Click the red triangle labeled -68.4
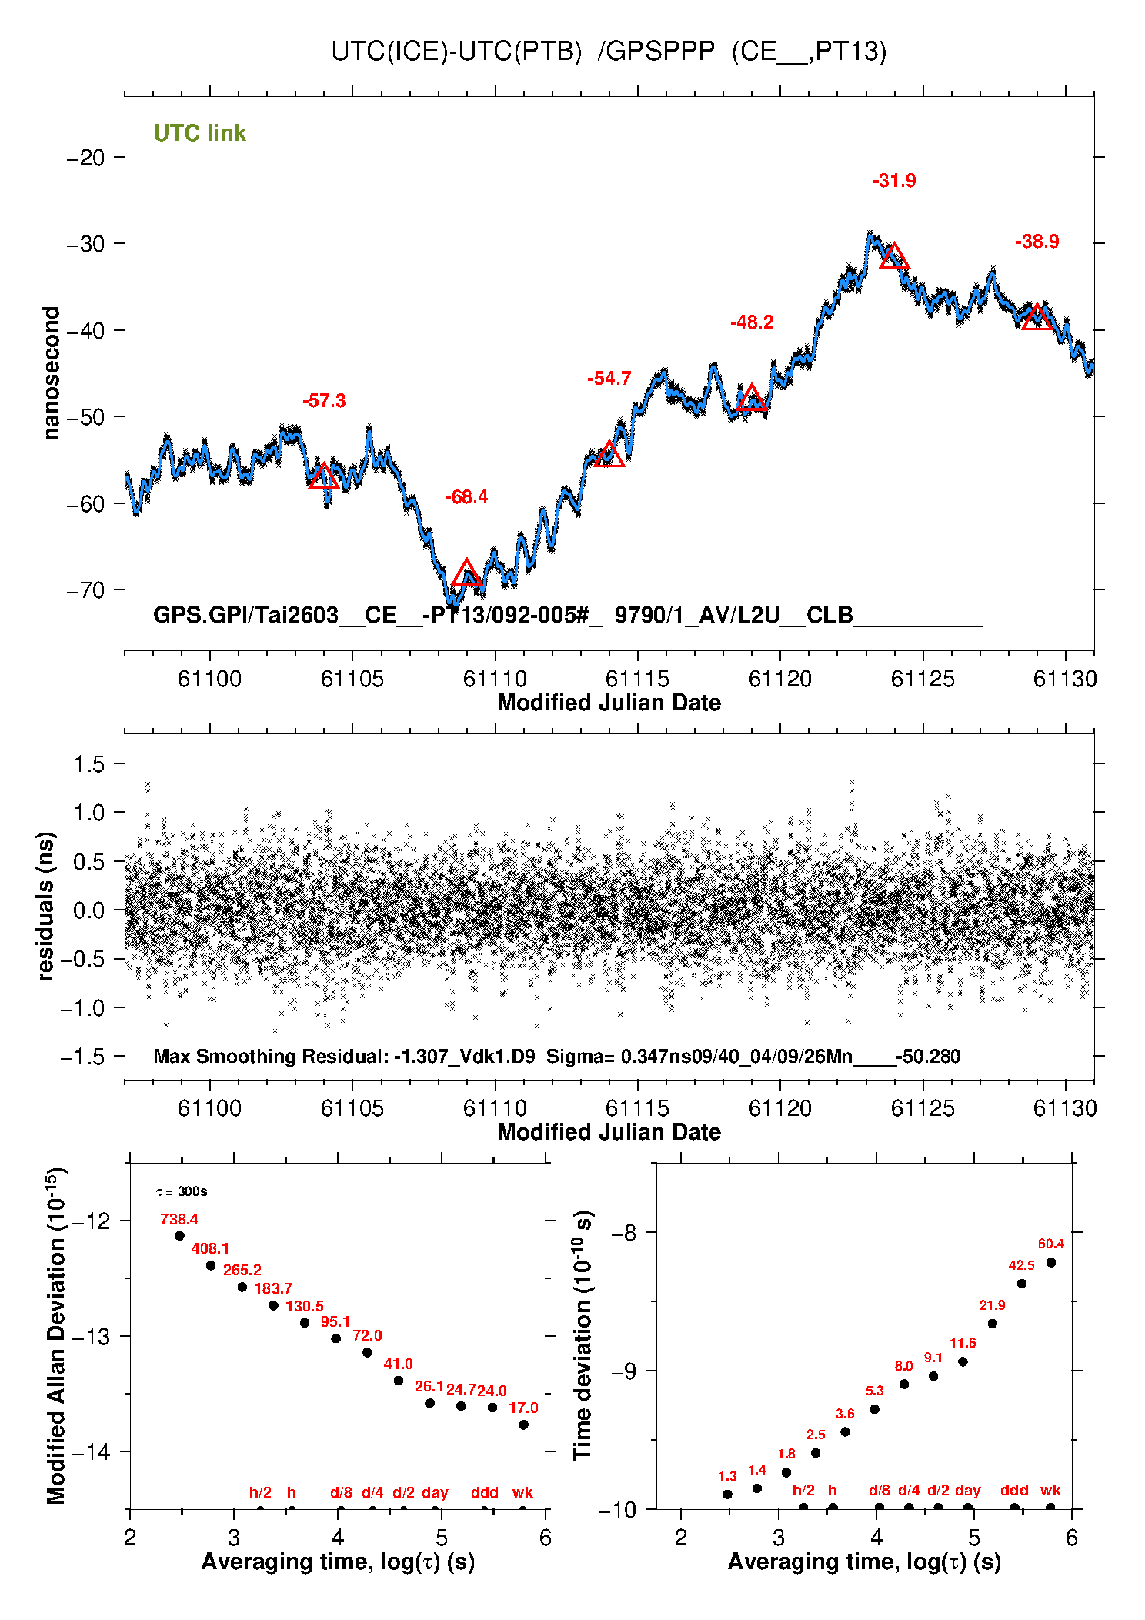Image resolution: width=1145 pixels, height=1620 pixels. point(466,573)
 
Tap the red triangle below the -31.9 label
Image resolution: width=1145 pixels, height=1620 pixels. point(893,256)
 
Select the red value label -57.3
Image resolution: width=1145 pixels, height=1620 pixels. point(324,401)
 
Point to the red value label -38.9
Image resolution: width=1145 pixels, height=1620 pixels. point(1037,242)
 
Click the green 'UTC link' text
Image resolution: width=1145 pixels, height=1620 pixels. point(199,133)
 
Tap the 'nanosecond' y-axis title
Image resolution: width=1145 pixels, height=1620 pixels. point(52,372)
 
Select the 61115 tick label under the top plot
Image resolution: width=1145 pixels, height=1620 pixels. point(637,679)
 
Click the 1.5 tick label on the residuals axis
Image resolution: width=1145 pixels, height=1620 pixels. point(88,764)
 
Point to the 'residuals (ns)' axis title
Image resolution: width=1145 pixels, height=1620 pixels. point(46,906)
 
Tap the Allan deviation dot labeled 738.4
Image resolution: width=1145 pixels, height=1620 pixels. point(179,1236)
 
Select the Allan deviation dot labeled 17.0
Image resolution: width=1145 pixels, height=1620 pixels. point(523,1425)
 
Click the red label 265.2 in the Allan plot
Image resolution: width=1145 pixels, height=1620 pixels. point(242,1270)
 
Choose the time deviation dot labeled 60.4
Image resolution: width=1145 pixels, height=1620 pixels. point(1050,1262)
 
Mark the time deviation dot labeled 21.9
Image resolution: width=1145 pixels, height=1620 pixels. point(992,1324)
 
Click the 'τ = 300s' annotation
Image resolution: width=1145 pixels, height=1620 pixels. point(182,1191)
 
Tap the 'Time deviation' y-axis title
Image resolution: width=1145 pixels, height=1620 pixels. point(583,1335)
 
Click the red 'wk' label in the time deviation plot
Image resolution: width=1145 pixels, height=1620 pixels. point(1050,1490)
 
